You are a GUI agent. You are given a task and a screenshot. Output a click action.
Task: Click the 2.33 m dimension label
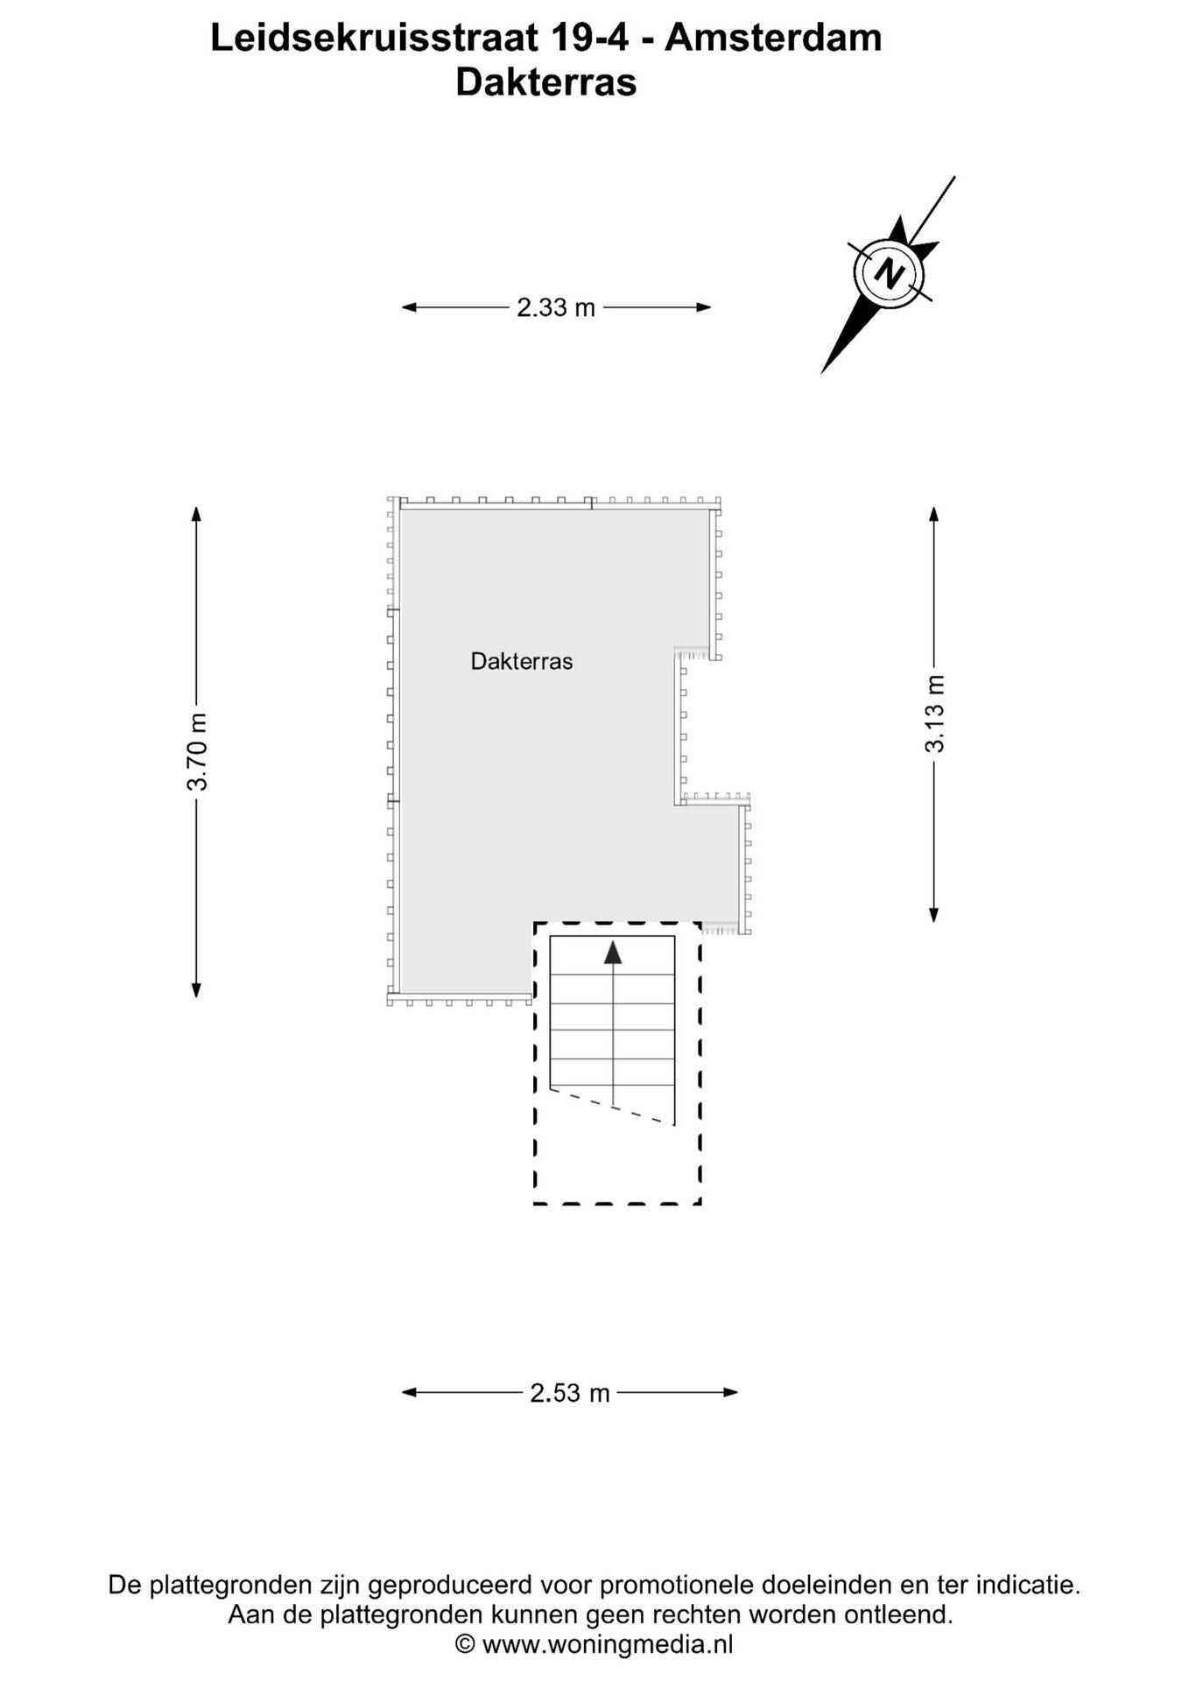[x=556, y=307]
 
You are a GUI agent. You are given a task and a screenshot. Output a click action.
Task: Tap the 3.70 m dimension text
[x=197, y=752]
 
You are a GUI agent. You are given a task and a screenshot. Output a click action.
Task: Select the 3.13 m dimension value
[x=935, y=714]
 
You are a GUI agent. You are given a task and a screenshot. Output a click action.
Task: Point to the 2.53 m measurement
[x=570, y=1393]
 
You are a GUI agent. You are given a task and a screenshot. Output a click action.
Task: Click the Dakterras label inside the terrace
[x=522, y=661]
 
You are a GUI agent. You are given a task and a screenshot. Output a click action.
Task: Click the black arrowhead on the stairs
[x=613, y=953]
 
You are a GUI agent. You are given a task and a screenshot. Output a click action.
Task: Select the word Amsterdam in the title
[x=773, y=39]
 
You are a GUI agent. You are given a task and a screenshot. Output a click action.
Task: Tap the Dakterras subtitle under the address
[x=546, y=83]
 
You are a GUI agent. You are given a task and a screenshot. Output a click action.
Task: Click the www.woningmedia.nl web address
[x=608, y=1645]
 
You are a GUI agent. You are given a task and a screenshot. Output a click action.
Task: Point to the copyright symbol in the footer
[x=466, y=1645]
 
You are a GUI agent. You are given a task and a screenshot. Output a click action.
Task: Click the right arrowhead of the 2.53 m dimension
[x=730, y=1393]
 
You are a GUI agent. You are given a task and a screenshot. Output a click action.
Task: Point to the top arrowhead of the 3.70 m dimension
[x=197, y=514]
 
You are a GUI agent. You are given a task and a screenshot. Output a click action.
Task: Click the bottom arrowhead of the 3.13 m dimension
[x=934, y=914]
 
